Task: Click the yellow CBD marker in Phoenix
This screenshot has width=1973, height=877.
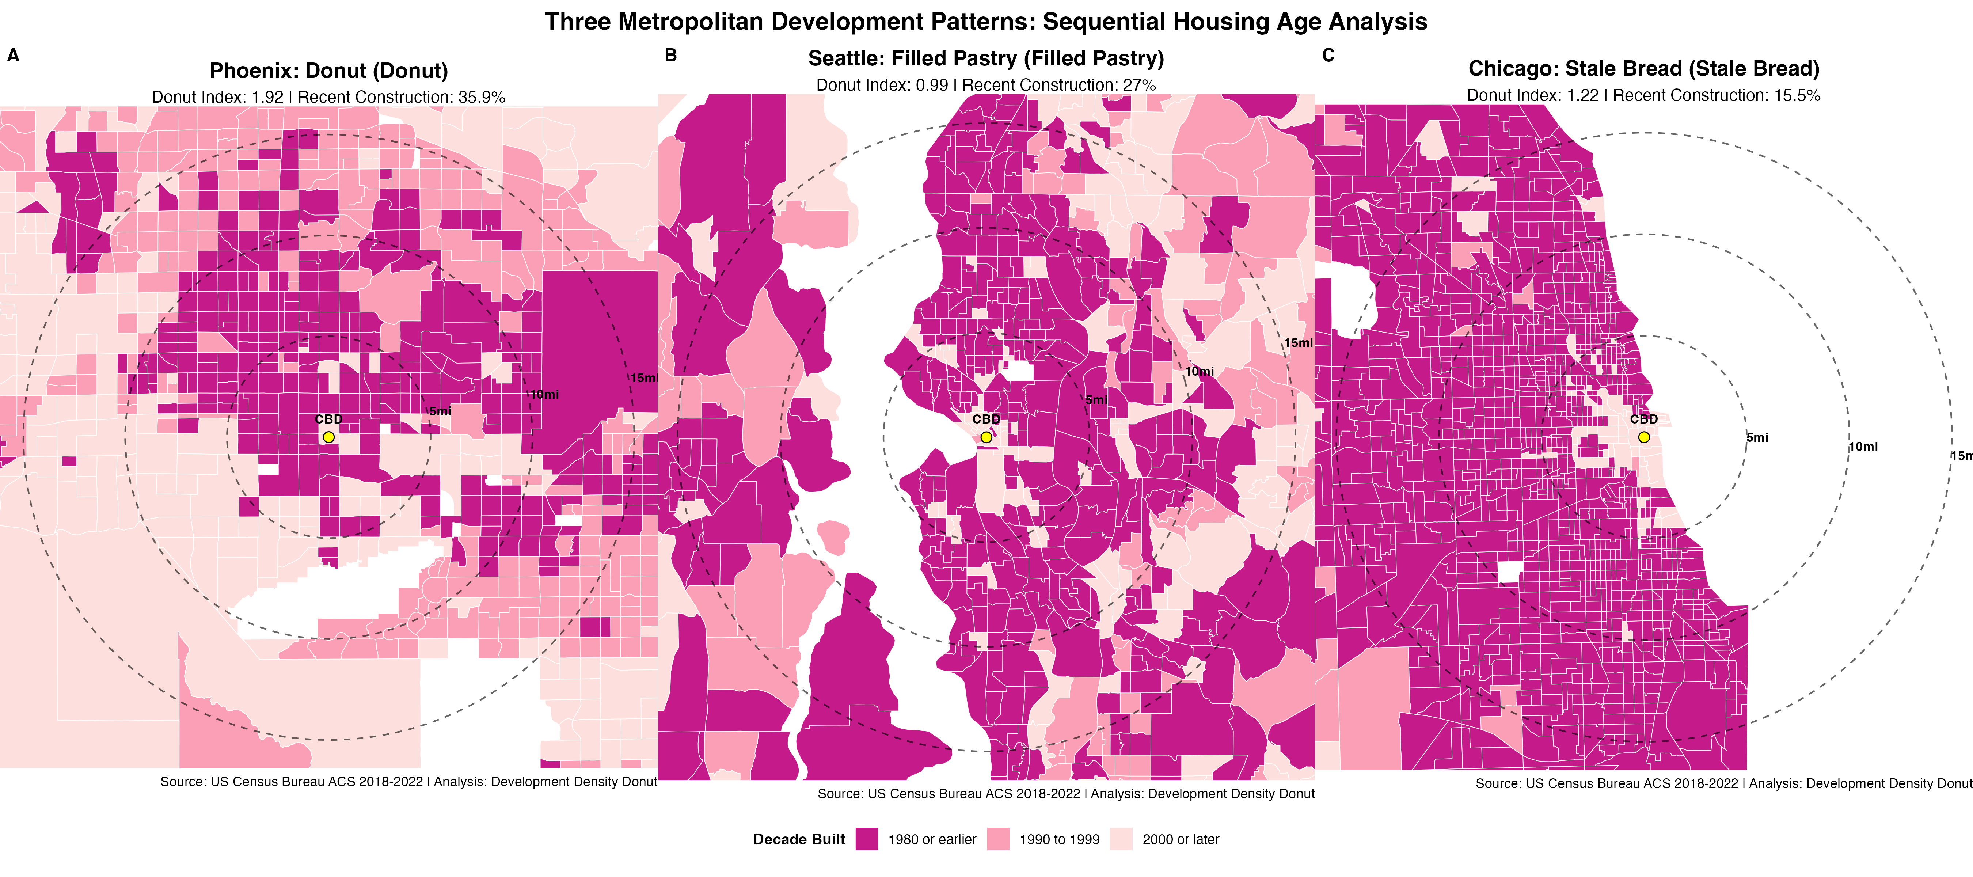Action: coord(328,437)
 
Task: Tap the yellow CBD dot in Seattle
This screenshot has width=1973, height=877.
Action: coord(986,437)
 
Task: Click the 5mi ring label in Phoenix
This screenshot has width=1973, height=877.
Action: coord(440,411)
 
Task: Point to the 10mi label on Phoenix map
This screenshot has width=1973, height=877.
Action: coord(544,394)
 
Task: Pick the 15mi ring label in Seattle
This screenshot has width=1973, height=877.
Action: coord(1298,343)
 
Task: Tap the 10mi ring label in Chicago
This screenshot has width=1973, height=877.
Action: coord(1863,447)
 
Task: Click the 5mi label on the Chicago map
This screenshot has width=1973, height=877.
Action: coord(1758,437)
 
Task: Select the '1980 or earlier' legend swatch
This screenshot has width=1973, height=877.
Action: coord(866,839)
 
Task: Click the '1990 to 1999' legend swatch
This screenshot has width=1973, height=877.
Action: coord(998,839)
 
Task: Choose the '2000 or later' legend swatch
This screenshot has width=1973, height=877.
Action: coord(1121,839)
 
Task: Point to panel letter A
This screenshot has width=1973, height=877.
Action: coord(13,55)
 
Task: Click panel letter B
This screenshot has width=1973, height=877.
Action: coord(671,55)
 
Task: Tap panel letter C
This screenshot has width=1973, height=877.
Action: coord(1328,55)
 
